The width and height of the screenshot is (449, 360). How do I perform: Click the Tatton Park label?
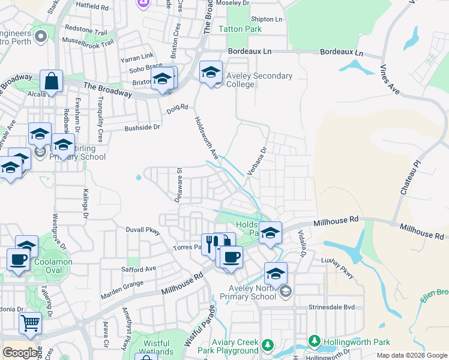(240, 29)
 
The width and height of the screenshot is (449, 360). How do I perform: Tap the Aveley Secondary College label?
(259, 80)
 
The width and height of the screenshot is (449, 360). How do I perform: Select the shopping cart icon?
(30, 323)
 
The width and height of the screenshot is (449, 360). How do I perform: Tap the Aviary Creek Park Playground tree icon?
(267, 346)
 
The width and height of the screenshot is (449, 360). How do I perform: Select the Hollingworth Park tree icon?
(313, 341)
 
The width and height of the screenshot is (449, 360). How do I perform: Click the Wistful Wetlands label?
(157, 348)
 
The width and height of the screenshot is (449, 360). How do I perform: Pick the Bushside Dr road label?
(143, 127)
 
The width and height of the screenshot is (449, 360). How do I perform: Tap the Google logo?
(20, 353)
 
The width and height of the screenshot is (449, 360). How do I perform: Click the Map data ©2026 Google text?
(412, 356)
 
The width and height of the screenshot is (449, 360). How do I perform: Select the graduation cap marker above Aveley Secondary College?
(211, 73)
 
